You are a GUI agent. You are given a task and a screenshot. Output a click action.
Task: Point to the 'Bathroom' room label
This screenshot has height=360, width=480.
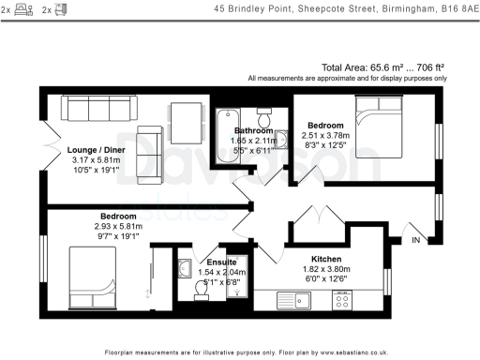pyautogui.click(x=252, y=130)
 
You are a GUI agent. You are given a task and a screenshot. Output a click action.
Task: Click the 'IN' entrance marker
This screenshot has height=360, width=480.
pyautogui.click(x=416, y=241)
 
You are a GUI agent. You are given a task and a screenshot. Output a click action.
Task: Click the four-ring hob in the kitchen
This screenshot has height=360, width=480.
pyautogui.click(x=342, y=300)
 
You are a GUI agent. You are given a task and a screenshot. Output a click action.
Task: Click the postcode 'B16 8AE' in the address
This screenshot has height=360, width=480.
pyautogui.click(x=451, y=11)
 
